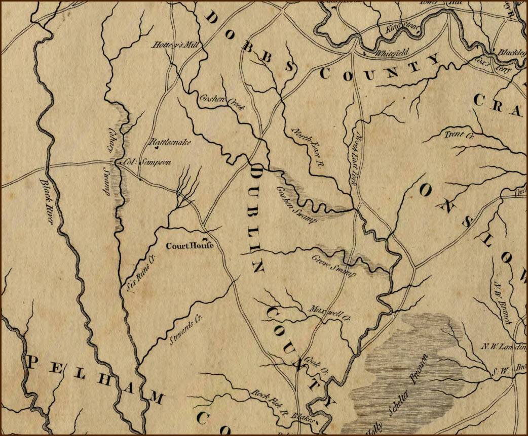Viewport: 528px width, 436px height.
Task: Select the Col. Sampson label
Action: [147, 163]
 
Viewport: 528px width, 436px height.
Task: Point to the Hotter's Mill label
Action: [177, 45]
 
